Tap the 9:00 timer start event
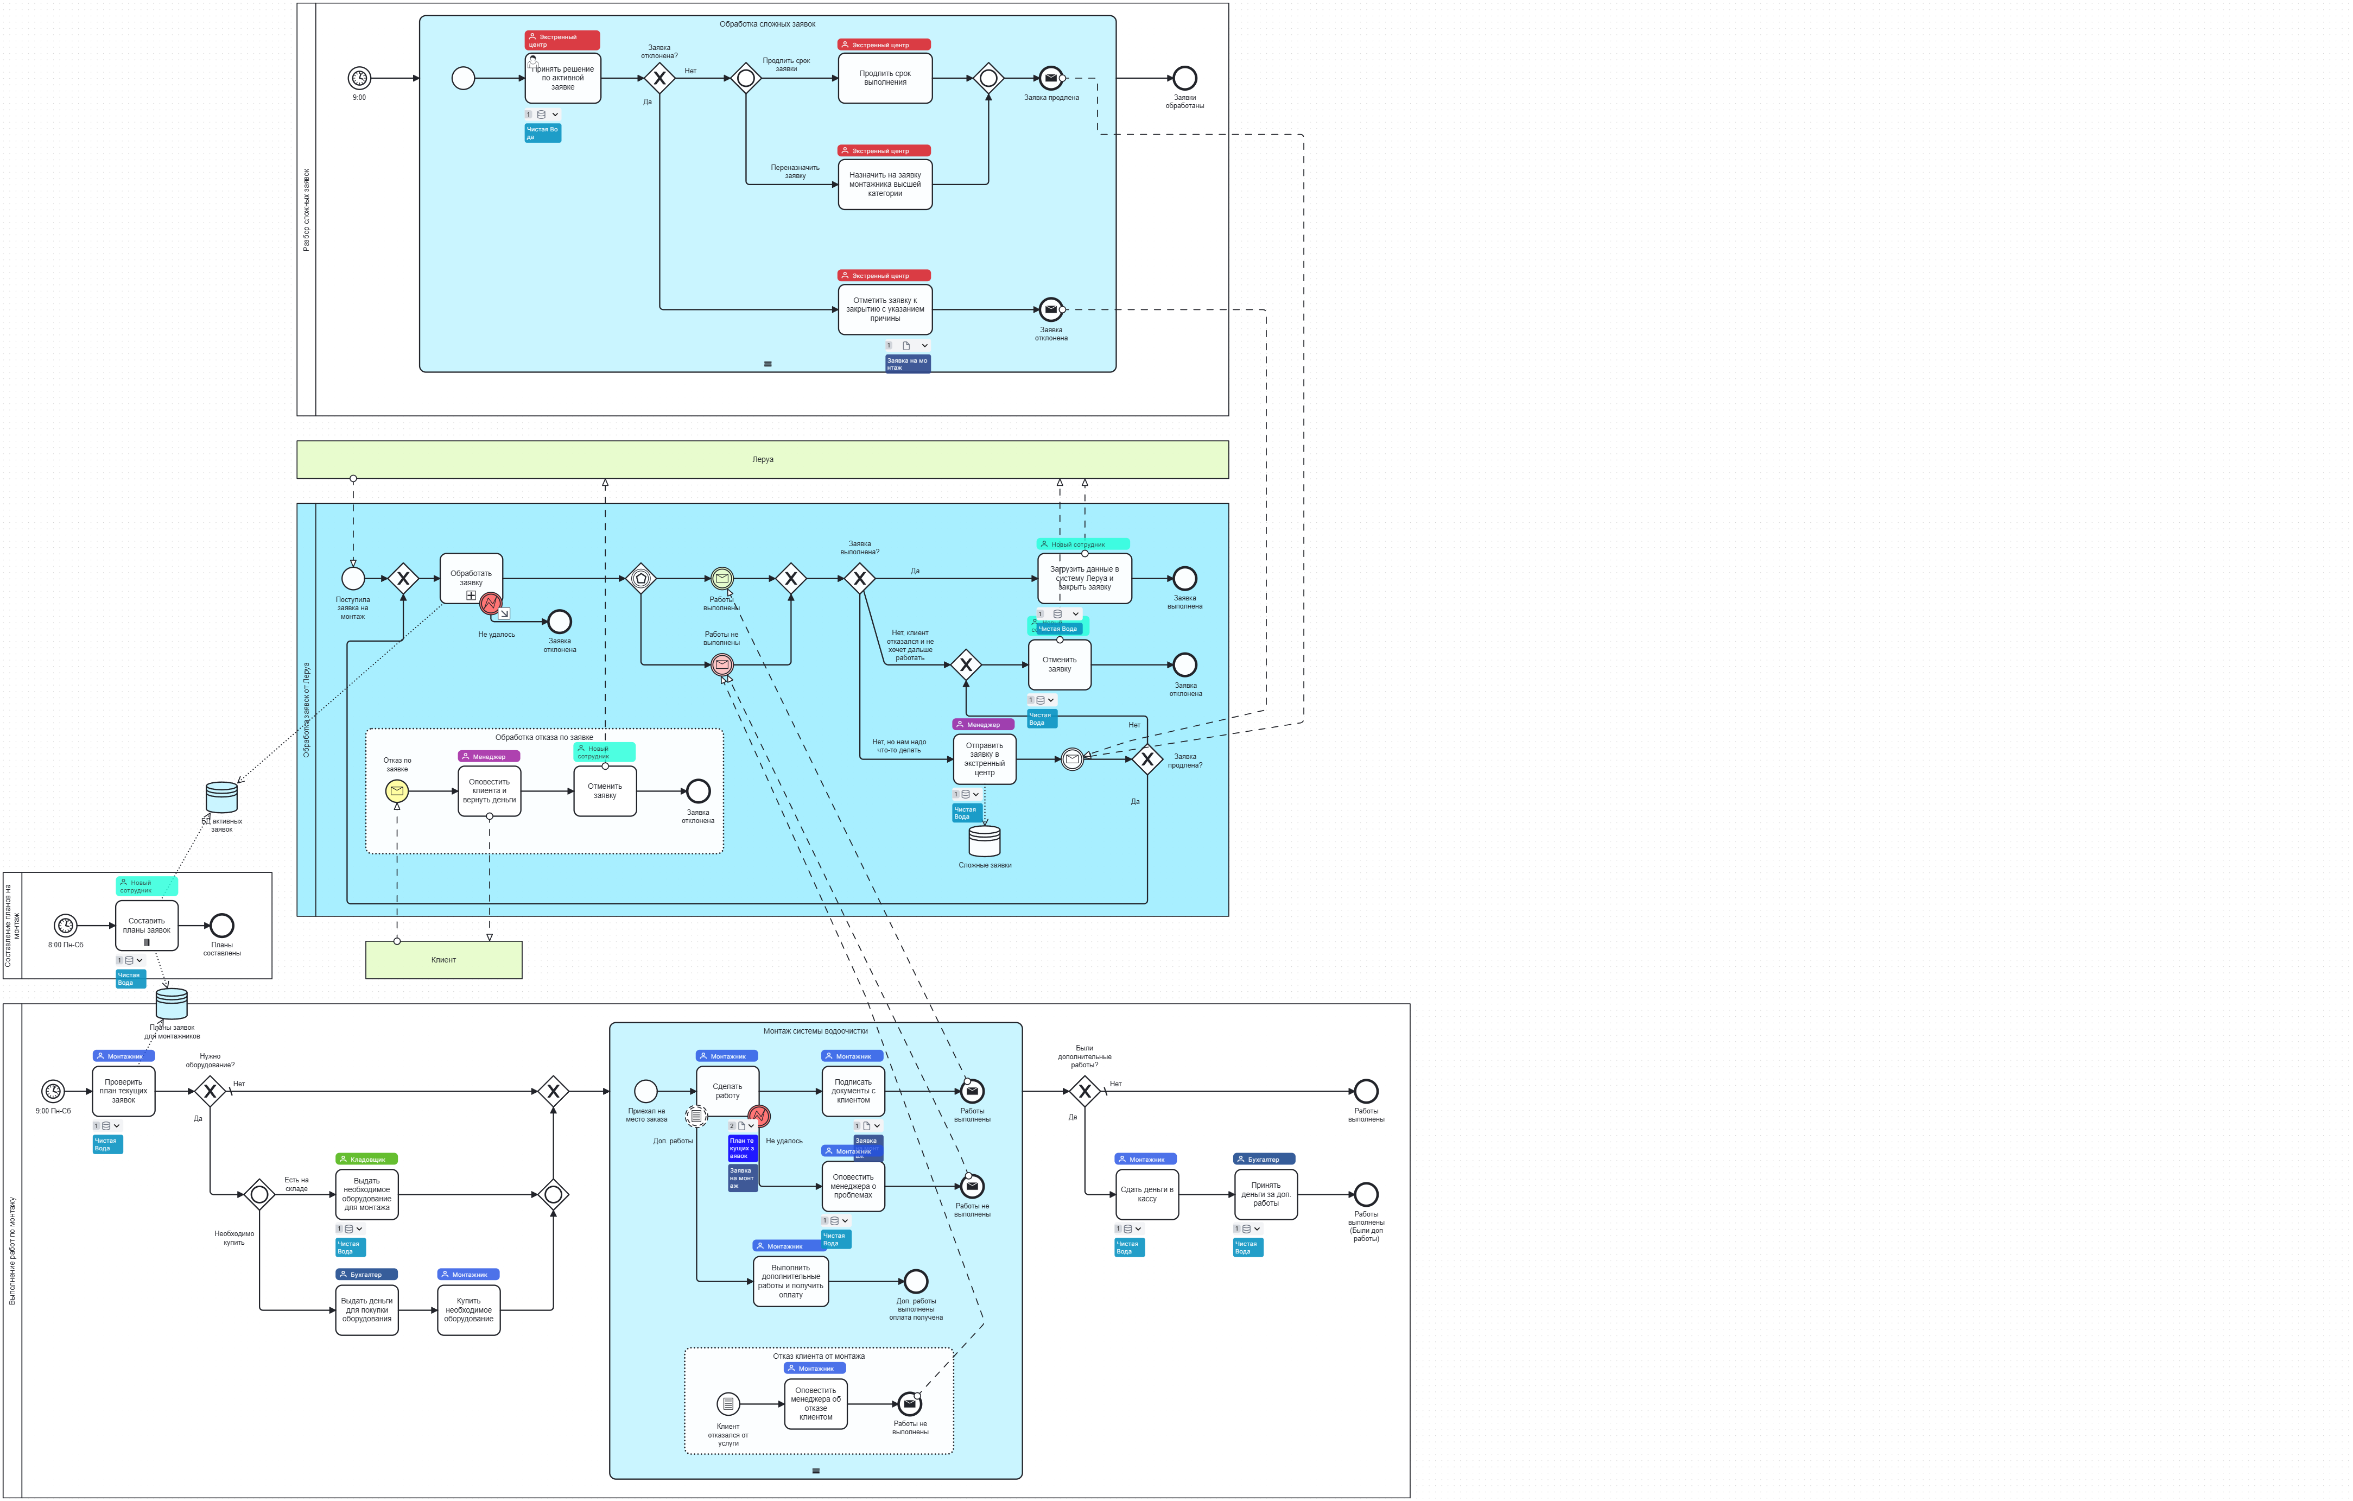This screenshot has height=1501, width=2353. point(359,78)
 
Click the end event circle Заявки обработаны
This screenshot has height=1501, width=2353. point(1184,78)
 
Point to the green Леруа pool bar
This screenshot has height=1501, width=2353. point(762,459)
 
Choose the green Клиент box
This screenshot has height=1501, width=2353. point(443,960)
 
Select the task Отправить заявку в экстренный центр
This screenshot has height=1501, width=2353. point(984,759)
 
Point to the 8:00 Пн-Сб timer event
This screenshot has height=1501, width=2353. point(66,926)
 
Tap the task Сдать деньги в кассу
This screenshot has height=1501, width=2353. point(1146,1194)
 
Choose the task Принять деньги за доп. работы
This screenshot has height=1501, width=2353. point(1265,1194)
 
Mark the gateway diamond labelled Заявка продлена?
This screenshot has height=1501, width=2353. point(1147,759)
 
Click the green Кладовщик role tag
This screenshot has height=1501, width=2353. point(366,1159)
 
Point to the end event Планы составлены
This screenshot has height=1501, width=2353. point(222,926)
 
